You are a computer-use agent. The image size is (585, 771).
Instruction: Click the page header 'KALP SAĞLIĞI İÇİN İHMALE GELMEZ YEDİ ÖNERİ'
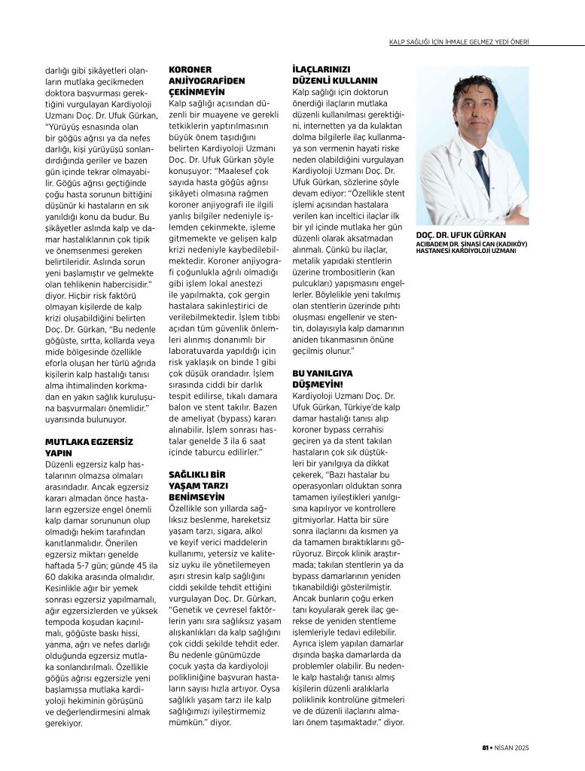tap(486, 41)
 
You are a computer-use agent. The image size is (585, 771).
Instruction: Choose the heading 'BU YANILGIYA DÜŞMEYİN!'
tap(323, 378)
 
